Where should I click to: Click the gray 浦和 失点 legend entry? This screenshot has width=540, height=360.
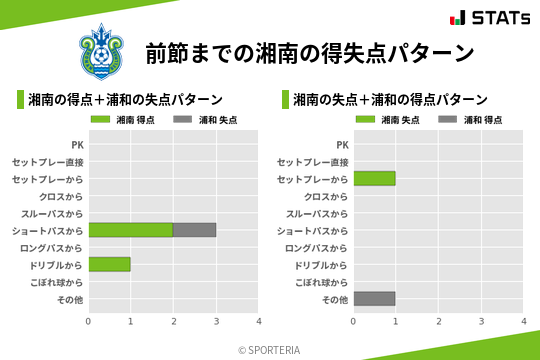pyautogui.click(x=198, y=120)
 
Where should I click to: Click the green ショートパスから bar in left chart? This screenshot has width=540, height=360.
pyautogui.click(x=130, y=230)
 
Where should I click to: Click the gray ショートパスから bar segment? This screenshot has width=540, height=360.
pyautogui.click(x=194, y=230)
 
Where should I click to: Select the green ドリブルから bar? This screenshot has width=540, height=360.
pyautogui.click(x=109, y=265)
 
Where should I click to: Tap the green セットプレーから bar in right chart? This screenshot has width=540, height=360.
pyautogui.click(x=374, y=179)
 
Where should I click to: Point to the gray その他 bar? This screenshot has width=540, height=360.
pyautogui.click(x=374, y=299)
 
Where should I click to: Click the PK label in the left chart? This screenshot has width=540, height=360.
pyautogui.click(x=77, y=145)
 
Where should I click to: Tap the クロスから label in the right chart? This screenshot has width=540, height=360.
pyautogui.click(x=326, y=196)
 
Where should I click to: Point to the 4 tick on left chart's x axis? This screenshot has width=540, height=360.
pyautogui.click(x=258, y=322)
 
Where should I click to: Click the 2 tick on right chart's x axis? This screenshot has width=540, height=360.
pyautogui.click(x=438, y=322)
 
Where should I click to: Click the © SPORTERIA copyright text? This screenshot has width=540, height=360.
pyautogui.click(x=269, y=350)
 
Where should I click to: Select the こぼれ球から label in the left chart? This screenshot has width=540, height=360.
pyautogui.click(x=55, y=282)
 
